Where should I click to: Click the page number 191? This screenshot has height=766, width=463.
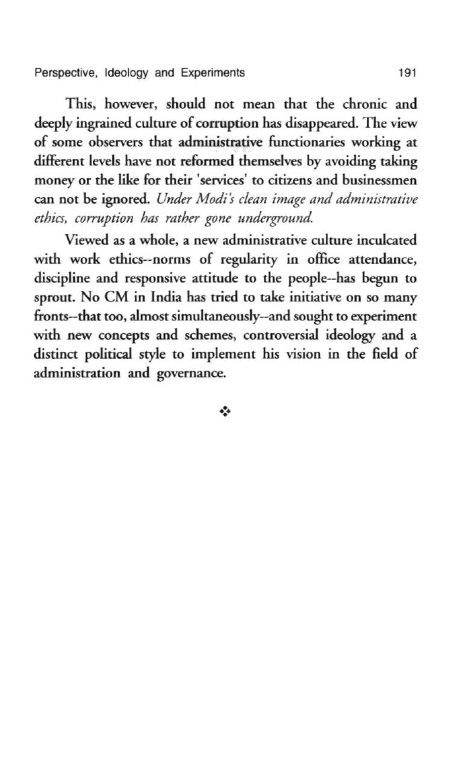(x=408, y=73)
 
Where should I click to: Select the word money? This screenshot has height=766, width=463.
(x=52, y=181)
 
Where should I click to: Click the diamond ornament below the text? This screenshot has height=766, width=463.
(x=225, y=413)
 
